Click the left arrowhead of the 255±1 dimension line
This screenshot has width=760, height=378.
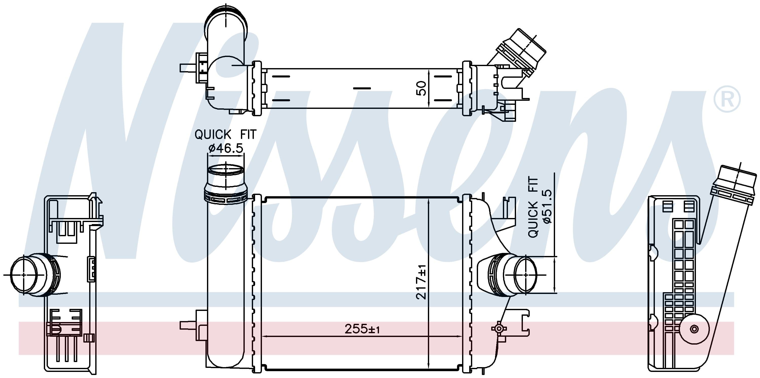click(x=265, y=336)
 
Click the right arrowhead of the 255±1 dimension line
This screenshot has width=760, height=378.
click(x=459, y=336)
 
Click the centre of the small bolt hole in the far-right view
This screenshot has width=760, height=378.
click(x=694, y=329)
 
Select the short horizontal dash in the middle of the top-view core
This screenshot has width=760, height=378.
click(x=362, y=88)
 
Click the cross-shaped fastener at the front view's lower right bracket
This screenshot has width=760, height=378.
click(x=499, y=328)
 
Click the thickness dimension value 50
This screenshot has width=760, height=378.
click(x=421, y=88)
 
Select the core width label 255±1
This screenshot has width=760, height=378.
click(x=362, y=329)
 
